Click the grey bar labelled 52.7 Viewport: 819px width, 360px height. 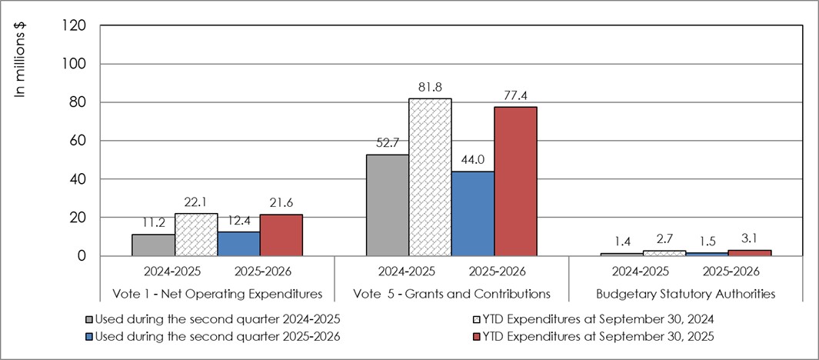[388, 205]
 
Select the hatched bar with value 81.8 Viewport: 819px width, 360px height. [430, 177]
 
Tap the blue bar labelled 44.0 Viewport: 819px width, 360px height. [472, 213]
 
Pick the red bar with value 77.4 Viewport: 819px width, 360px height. [514, 182]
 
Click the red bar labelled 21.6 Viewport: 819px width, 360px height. [281, 235]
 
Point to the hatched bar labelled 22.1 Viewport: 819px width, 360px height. [196, 235]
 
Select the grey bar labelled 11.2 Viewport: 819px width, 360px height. [154, 245]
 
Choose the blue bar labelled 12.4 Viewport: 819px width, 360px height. [238, 244]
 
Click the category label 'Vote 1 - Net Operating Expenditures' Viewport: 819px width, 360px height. [218, 294]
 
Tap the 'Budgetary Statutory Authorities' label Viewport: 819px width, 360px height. [685, 294]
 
